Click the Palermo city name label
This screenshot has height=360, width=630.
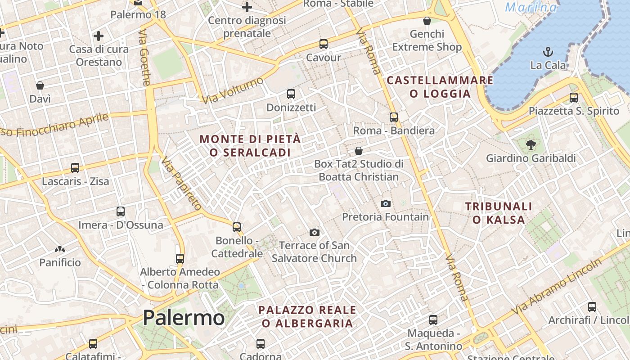point(184,318)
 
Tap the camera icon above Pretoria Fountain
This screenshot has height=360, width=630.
point(386,203)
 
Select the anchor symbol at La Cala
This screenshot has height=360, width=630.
point(548,51)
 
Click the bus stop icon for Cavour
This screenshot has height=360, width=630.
point(324,44)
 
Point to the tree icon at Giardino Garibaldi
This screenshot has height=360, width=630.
point(531,144)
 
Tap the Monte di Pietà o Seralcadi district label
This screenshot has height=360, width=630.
point(250,146)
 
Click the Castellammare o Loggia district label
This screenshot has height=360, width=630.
point(440,87)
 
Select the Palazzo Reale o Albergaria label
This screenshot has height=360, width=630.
point(308,316)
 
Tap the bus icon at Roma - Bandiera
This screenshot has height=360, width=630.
point(394,117)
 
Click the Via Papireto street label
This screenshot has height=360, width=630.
point(182,184)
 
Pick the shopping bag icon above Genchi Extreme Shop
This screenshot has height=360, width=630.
point(427,21)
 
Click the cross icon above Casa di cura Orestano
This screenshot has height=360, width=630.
point(99,36)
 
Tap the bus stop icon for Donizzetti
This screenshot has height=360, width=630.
point(291,94)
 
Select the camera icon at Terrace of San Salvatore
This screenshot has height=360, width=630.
point(315,232)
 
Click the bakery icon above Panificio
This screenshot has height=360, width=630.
point(60,249)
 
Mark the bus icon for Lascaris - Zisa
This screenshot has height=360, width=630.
point(75,168)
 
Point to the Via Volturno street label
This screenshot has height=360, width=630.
point(232,90)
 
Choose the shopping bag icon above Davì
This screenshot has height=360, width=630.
point(40,85)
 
